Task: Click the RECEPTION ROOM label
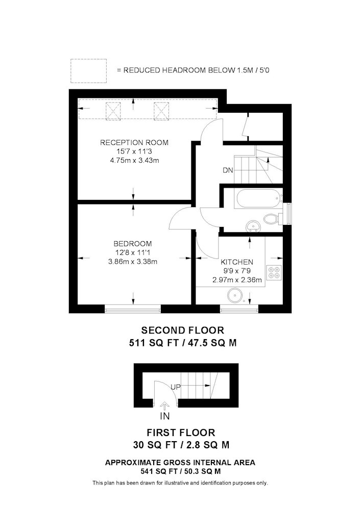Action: point(134,142)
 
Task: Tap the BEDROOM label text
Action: point(132,244)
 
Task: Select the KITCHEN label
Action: point(237,262)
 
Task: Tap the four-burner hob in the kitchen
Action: point(274,272)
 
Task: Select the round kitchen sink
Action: point(235,295)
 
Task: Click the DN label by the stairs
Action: point(228,170)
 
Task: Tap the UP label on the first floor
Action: point(176,387)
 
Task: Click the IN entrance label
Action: point(165,416)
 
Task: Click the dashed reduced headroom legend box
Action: point(88,70)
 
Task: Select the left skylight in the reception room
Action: point(113,111)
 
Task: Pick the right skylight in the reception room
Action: point(161,111)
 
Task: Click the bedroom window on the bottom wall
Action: point(133,309)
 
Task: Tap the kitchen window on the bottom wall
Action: point(239,309)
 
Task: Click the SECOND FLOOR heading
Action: point(183,330)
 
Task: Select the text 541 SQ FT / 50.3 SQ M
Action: point(180,471)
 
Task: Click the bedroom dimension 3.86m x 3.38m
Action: point(133,261)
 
